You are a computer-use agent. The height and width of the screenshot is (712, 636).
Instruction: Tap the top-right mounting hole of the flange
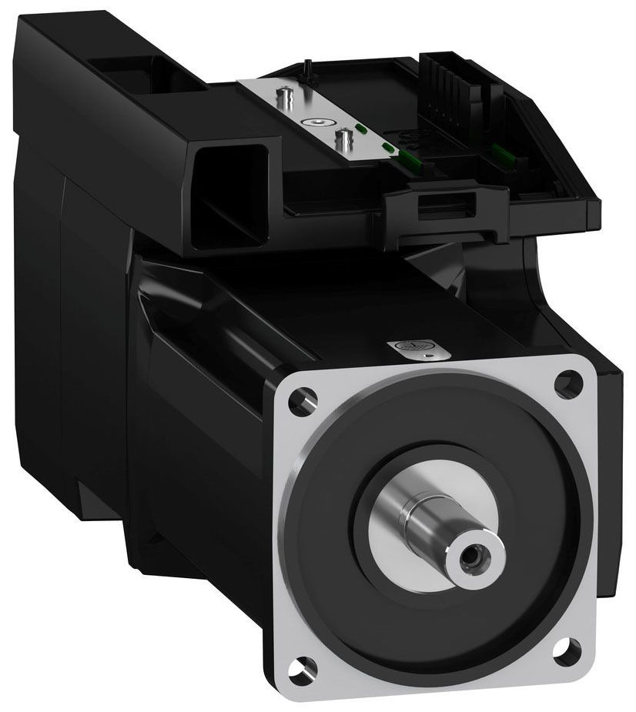[568, 379]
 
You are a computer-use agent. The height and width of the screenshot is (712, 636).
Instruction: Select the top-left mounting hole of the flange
[302, 399]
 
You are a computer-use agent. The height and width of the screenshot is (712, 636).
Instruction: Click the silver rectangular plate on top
[316, 115]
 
